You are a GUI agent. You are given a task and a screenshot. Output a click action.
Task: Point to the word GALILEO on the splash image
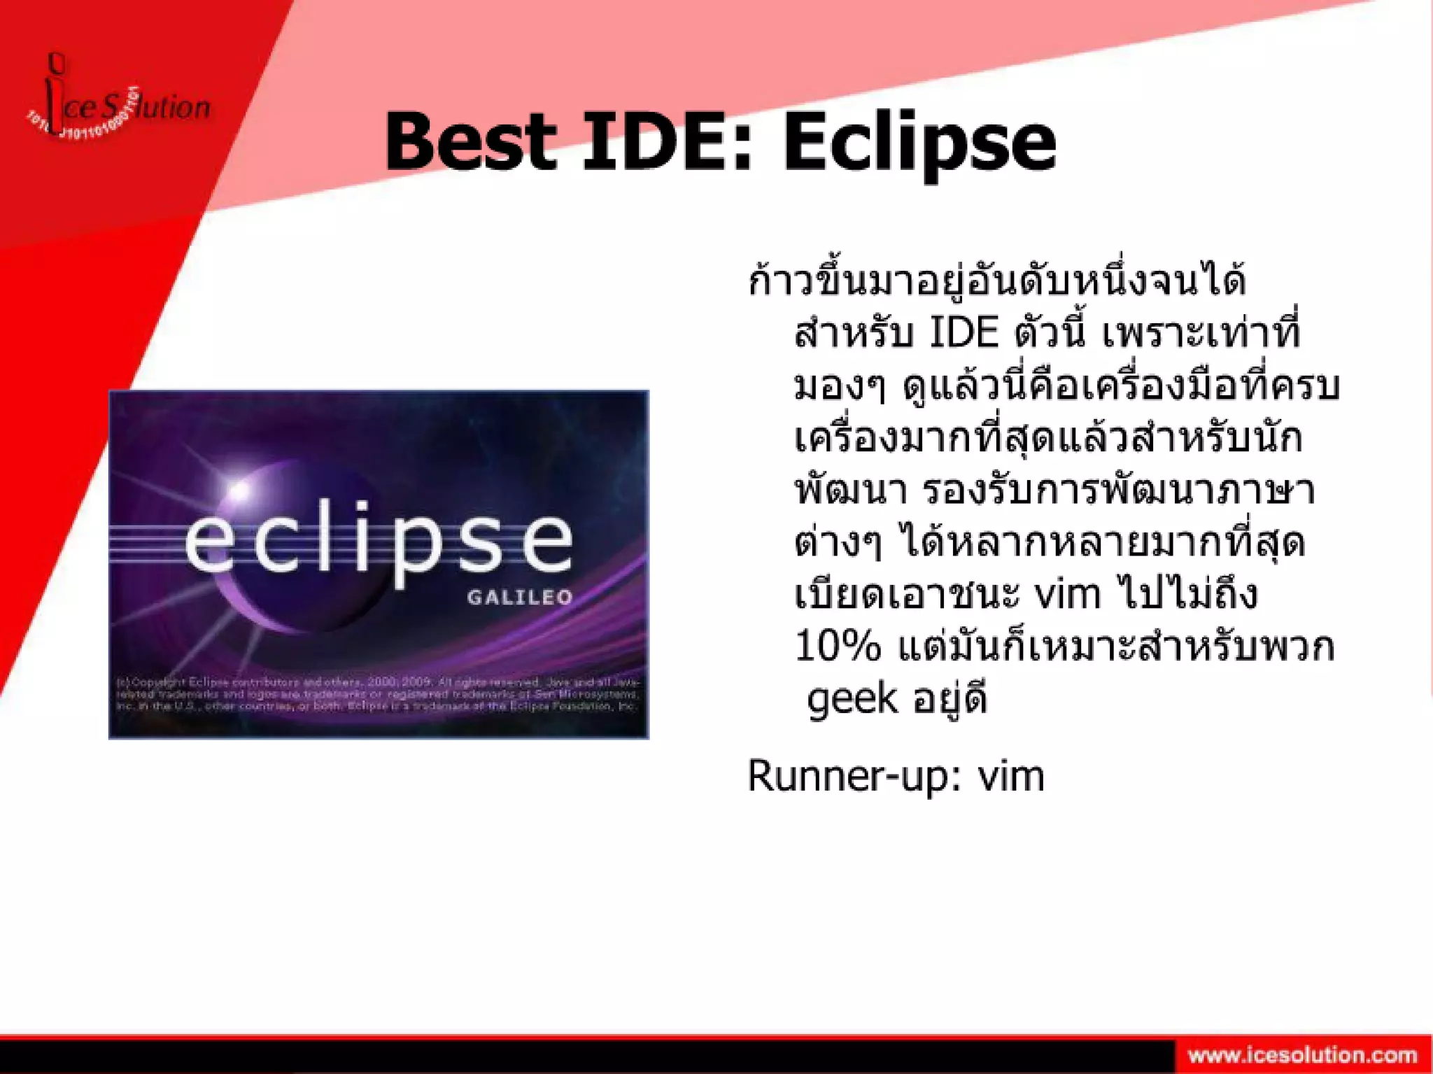click(x=520, y=597)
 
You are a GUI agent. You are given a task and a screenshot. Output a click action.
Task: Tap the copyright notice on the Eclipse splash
click(x=378, y=694)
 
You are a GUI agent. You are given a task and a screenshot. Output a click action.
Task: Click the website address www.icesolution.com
click(x=1302, y=1054)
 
